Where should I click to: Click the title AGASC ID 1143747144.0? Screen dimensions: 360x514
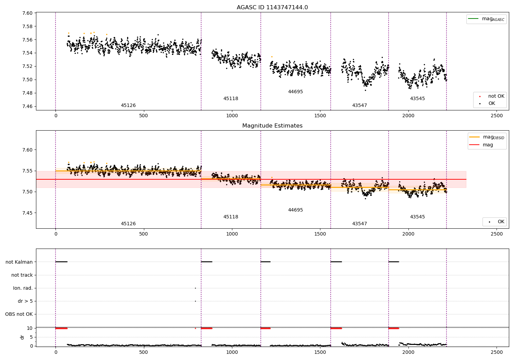point(272,8)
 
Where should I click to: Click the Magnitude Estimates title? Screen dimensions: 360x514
point(272,126)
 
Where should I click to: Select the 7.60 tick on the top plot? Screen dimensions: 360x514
point(27,13)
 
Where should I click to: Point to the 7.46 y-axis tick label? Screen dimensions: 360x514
point(27,106)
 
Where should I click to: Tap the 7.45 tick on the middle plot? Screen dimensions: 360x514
point(27,213)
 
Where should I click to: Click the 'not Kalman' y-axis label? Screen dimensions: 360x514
point(19,262)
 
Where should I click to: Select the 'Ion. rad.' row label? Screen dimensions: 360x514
point(23,288)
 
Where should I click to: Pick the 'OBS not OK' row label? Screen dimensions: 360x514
point(19,314)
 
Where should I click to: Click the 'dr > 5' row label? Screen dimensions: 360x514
point(25,301)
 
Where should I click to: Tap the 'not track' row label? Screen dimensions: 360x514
point(22,275)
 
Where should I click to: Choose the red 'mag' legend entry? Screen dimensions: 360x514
point(488,145)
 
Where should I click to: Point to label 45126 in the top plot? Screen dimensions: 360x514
point(128,106)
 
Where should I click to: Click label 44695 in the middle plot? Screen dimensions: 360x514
point(295,210)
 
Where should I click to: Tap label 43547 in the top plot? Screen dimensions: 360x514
point(359,106)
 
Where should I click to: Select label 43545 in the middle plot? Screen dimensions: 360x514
point(417,217)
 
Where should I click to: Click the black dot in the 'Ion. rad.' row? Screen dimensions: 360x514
point(195,288)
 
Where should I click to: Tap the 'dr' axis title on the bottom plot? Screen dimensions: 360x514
point(22,337)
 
